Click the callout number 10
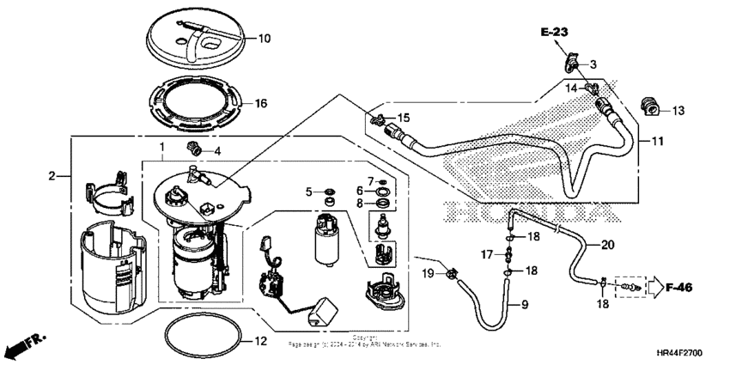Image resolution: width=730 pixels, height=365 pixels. coord(265,38)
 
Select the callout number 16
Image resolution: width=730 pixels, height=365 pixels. coord(261,103)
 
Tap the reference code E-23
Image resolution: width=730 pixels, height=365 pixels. coord(555,32)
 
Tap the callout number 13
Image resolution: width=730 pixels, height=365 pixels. coord(678,110)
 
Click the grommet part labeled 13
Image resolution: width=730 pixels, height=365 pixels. coord(652,107)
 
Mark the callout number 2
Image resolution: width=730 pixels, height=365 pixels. coord(52,175)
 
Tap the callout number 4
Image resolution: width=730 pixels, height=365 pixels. coord(217,151)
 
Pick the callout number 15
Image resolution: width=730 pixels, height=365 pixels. coord(404,117)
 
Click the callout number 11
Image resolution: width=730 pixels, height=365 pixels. coord(656,140)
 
